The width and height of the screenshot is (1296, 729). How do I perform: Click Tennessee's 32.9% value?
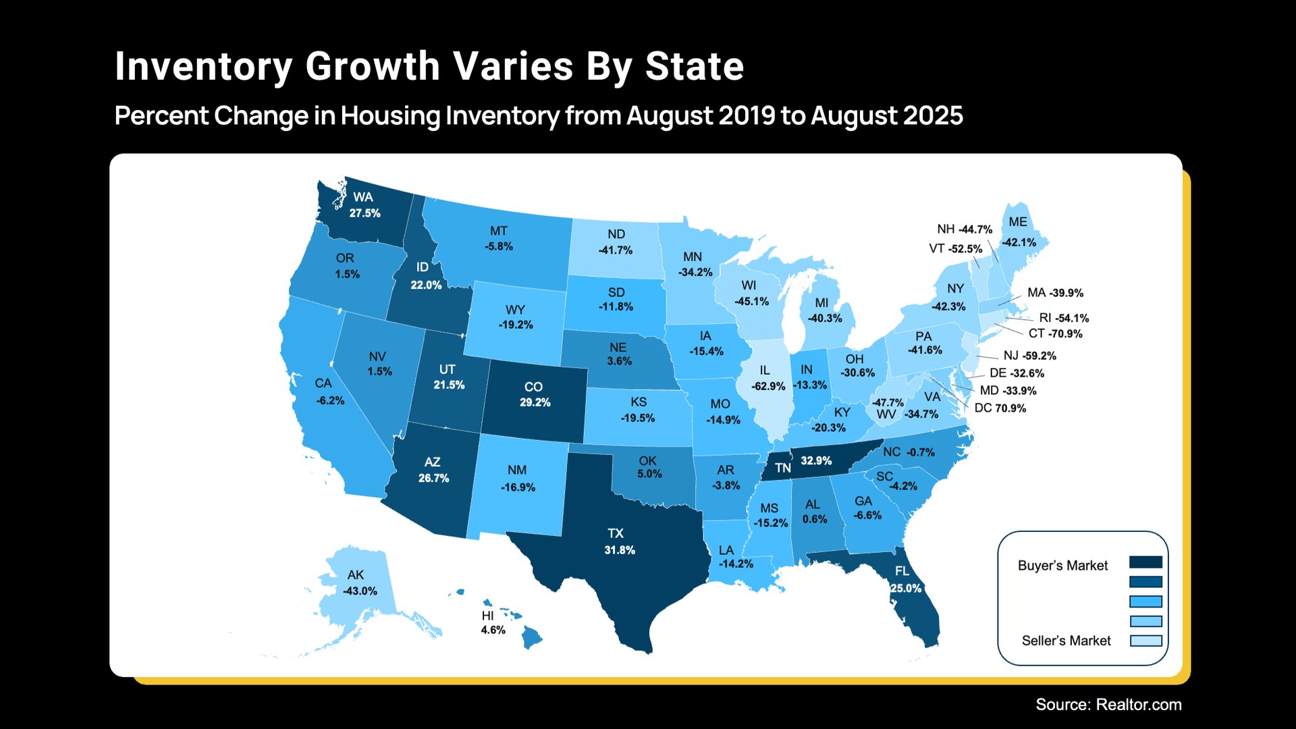[x=816, y=460]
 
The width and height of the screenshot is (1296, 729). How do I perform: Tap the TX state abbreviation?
[x=616, y=533]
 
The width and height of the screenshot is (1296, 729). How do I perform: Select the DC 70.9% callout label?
[x=1000, y=408]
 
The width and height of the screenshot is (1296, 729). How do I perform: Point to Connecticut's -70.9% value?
[x=1066, y=333]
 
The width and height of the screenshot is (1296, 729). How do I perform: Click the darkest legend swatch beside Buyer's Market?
[x=1145, y=562]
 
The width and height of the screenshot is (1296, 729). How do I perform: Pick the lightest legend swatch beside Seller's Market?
[x=1145, y=641]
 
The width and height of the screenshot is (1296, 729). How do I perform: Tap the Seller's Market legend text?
[x=1066, y=641]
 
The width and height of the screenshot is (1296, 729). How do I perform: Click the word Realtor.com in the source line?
[x=1139, y=705]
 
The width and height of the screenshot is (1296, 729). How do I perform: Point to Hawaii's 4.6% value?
[x=493, y=630]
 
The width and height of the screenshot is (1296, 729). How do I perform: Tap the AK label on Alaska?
[x=356, y=575]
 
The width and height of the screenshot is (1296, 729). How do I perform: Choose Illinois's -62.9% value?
[x=768, y=386]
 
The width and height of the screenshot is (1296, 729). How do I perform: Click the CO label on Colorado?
[x=533, y=387]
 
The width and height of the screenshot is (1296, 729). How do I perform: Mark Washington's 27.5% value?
[x=364, y=213]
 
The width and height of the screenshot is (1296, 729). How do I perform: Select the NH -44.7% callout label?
[x=965, y=230]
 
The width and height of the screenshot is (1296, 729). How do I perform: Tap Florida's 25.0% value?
[x=906, y=588]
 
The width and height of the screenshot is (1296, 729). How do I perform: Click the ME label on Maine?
[x=1018, y=222]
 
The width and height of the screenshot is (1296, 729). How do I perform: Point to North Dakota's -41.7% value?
[x=616, y=250]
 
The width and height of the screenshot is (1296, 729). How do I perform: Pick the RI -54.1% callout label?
[x=1064, y=318]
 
